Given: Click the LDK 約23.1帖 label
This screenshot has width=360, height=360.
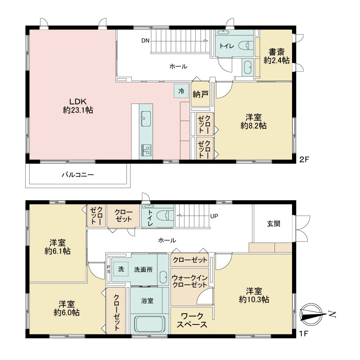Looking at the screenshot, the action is (x=78, y=106).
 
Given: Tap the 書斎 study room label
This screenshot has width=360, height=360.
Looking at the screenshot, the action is (x=276, y=52).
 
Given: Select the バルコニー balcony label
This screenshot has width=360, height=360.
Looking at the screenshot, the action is (x=78, y=175).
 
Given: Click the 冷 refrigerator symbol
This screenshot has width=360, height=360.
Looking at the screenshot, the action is (x=181, y=91).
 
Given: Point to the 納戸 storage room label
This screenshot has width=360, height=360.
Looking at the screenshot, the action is (x=200, y=94).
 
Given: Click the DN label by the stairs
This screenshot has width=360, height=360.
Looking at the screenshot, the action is (x=145, y=40).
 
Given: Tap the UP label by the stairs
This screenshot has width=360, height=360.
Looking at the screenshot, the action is (x=214, y=216).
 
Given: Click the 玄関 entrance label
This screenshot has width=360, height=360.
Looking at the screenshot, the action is (x=274, y=224).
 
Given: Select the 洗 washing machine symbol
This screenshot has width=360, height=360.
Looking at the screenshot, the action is (x=121, y=269).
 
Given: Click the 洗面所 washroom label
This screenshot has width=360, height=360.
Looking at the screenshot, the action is (x=143, y=270).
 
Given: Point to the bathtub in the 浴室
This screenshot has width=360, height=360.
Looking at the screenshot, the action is (x=150, y=324).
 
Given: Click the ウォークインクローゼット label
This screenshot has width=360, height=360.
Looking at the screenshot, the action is (x=189, y=281).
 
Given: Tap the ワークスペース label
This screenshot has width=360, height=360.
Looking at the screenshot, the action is (x=192, y=320).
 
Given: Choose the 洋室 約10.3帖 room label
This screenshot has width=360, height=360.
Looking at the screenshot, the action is (x=254, y=295).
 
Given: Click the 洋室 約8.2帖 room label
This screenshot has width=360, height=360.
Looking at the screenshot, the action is (x=253, y=121).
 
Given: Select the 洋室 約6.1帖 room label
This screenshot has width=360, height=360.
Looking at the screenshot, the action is (x=58, y=247).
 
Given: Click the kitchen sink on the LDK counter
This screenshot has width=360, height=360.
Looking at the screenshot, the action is (x=145, y=119).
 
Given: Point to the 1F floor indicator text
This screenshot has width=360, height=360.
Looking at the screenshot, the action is (x=304, y=333).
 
